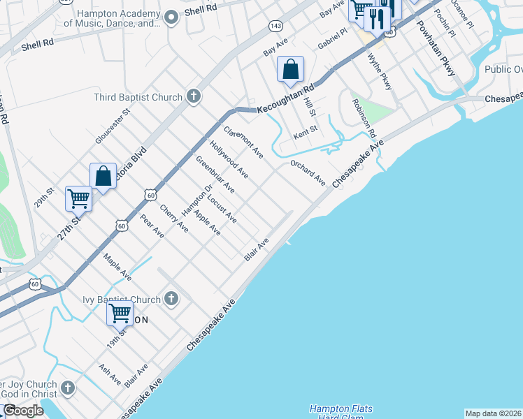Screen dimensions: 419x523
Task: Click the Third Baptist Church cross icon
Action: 194,97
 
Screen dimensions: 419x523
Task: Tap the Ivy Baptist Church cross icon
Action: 171,300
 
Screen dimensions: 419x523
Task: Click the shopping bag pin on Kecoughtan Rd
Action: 290,69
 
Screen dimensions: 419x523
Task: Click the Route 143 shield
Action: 275,26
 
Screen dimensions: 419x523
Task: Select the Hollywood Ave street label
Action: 229,159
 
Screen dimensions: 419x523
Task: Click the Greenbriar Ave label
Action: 215,175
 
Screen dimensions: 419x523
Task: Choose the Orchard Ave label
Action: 308,172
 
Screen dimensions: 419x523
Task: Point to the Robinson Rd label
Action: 364,117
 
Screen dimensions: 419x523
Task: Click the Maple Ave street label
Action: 117,267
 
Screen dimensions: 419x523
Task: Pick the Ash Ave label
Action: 110,375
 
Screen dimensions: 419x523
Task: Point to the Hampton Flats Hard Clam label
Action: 341,412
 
